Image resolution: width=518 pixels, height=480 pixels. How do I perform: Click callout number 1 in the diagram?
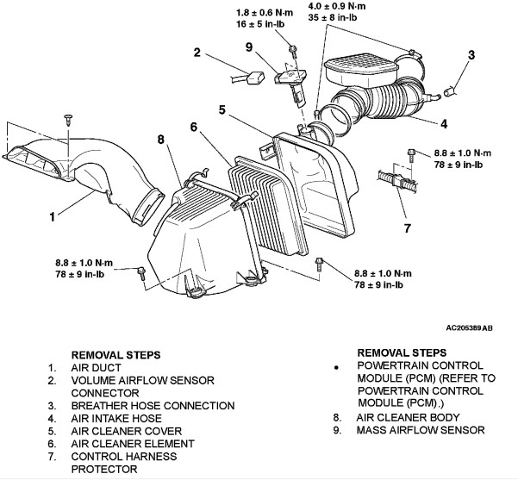coord(53,216)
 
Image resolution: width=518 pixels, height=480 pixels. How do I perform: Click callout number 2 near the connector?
coord(197,53)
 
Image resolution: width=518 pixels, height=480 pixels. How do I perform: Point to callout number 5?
coord(222,110)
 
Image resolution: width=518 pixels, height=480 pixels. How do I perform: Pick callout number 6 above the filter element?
coord(193,127)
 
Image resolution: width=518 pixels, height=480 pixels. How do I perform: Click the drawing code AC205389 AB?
coord(470,327)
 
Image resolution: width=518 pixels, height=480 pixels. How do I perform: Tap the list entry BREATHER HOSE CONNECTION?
coord(153,406)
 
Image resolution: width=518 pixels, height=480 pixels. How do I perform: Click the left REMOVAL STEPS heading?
coord(117,353)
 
